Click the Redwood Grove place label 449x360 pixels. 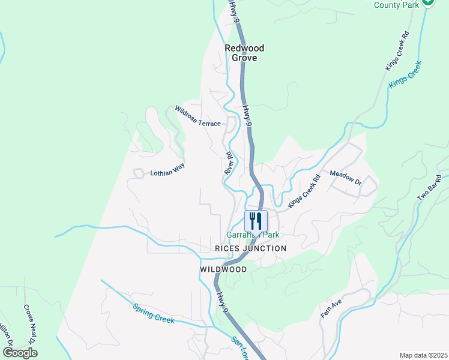[x=244, y=53]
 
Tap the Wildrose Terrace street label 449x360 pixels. [x=197, y=116]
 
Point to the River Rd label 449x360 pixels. [x=229, y=163]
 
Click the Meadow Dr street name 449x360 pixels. [x=346, y=178]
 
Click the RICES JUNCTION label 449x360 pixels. [x=251, y=248]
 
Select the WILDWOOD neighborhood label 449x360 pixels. [x=223, y=270]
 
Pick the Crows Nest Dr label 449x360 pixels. [x=30, y=324]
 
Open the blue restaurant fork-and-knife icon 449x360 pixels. [x=256, y=220]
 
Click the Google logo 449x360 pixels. [x=20, y=352]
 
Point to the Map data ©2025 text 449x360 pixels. [x=423, y=355]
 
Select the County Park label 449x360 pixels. [x=396, y=5]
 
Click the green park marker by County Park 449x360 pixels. [x=427, y=2]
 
